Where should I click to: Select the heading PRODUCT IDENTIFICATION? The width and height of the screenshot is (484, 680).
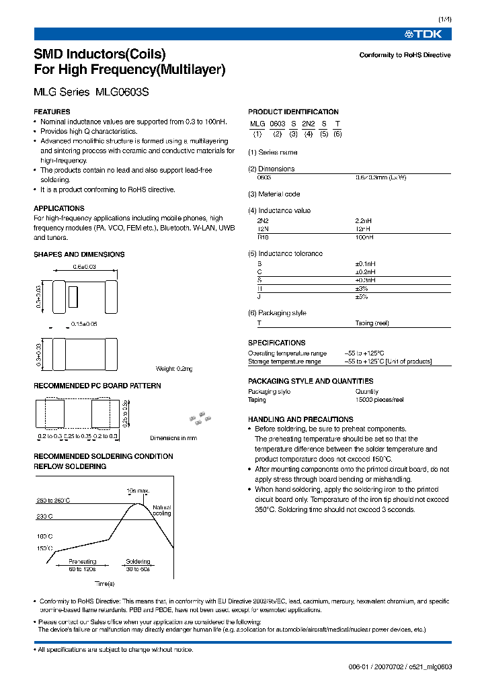point(293,112)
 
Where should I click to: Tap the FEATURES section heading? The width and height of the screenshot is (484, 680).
point(52,112)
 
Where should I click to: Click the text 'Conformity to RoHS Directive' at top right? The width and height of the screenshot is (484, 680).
point(405,55)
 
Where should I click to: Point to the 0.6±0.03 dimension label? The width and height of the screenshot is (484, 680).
point(85,267)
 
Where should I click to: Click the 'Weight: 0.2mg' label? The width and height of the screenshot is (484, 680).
point(173,369)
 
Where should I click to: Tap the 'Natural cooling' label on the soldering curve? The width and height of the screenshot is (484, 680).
point(162,511)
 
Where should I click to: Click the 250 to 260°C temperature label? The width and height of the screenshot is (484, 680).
point(53,501)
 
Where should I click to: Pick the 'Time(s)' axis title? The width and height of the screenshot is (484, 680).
point(104,583)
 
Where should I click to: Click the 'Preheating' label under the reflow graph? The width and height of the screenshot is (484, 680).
point(83,561)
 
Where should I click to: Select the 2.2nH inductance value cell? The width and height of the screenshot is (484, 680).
point(364,220)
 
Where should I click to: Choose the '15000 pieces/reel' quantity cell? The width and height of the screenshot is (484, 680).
point(379,399)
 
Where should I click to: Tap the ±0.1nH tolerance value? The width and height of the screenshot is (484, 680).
point(366,263)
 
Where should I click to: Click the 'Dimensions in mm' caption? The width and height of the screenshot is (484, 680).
point(173,438)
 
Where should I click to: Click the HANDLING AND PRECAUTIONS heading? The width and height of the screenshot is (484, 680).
point(300,419)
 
